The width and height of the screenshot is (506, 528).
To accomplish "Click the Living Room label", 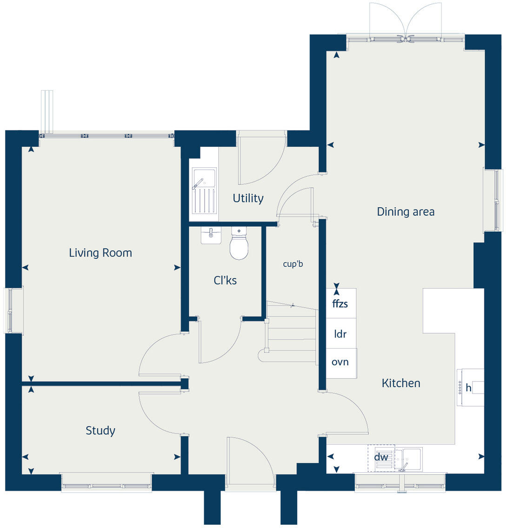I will [100, 253].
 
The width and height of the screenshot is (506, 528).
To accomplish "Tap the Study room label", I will [100, 430].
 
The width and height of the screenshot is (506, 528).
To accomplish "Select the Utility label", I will [248, 198].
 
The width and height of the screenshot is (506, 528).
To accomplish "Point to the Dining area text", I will [406, 212].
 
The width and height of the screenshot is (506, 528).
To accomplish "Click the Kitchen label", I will [401, 383].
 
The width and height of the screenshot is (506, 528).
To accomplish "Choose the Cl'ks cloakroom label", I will [225, 280].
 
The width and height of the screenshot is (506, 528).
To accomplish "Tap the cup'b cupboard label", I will [293, 264].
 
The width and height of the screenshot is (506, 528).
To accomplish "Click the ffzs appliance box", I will [340, 304].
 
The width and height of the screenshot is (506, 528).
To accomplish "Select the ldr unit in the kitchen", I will [340, 333].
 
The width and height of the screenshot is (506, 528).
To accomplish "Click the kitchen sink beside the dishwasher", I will [408, 458].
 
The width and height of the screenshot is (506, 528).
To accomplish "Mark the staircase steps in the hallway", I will [290, 332].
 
